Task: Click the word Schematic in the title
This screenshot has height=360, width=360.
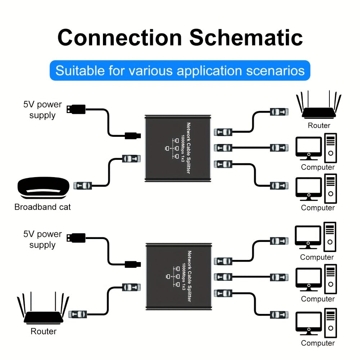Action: [246, 37]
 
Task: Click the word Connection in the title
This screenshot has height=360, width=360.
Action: [120, 37]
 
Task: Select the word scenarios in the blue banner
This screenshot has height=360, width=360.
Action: [275, 71]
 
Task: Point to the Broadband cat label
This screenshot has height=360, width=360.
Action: [42, 207]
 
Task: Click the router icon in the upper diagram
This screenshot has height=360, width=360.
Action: [319, 105]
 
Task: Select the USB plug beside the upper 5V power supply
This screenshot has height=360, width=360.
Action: [76, 109]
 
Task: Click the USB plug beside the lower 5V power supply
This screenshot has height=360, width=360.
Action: [76, 238]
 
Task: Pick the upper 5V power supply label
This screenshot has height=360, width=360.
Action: [42, 110]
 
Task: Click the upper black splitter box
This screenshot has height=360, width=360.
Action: [178, 148]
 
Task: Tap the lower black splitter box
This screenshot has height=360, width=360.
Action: [179, 276]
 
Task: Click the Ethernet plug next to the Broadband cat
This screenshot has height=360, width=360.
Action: [83, 185]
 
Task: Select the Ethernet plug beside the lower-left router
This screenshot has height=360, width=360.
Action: [78, 314]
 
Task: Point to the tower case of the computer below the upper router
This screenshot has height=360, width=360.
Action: [330, 148]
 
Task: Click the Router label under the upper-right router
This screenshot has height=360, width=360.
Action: [319, 125]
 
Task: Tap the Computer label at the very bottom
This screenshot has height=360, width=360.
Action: [318, 343]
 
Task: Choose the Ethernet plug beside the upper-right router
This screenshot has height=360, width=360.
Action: [279, 112]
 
